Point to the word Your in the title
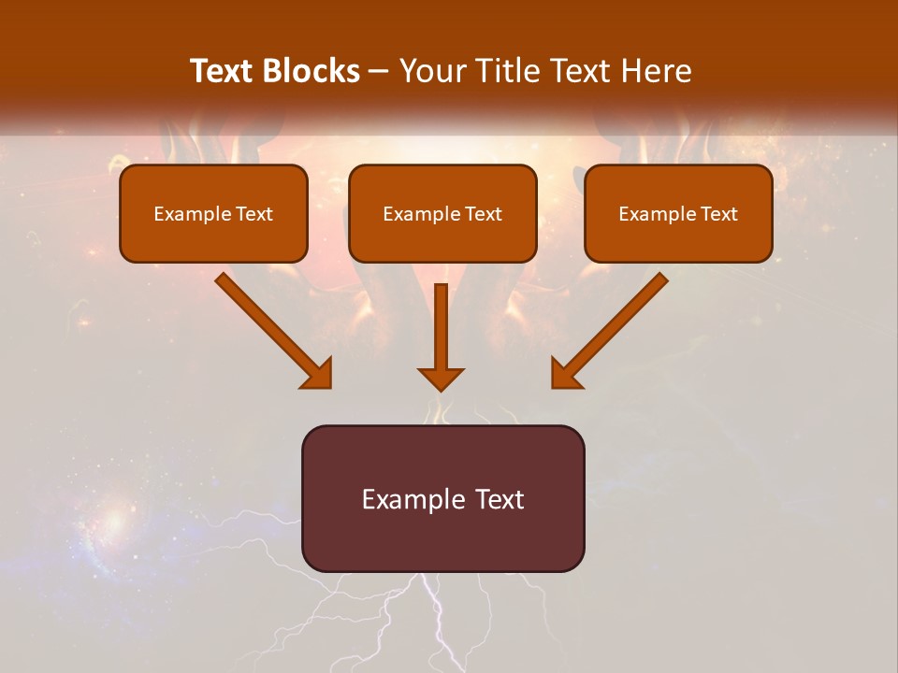tap(432, 71)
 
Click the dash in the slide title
tap(379, 72)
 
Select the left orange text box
tap(213, 213)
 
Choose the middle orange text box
tap(442, 213)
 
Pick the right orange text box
tap(678, 213)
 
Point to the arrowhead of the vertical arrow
tap(441, 378)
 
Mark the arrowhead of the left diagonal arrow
tap(318, 374)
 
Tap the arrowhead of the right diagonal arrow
tap(565, 374)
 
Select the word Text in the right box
tap(717, 214)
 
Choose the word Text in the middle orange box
tap(483, 214)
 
